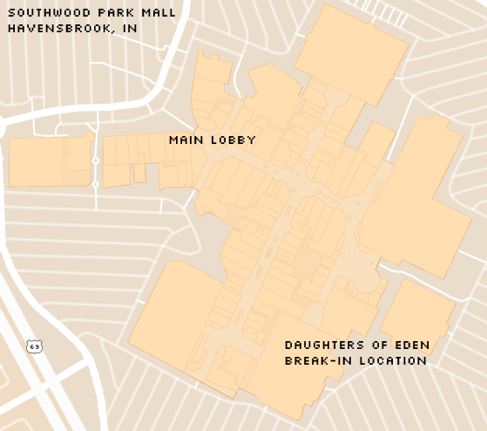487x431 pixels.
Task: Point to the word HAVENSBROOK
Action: [58, 27]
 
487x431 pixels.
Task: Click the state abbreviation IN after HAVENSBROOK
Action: [131, 27]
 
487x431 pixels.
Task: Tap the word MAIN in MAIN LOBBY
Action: [186, 140]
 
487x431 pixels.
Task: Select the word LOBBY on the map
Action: [233, 140]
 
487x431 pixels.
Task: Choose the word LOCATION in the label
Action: [391, 359]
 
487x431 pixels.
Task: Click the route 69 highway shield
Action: [35, 346]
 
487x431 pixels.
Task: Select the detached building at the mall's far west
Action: [48, 161]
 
